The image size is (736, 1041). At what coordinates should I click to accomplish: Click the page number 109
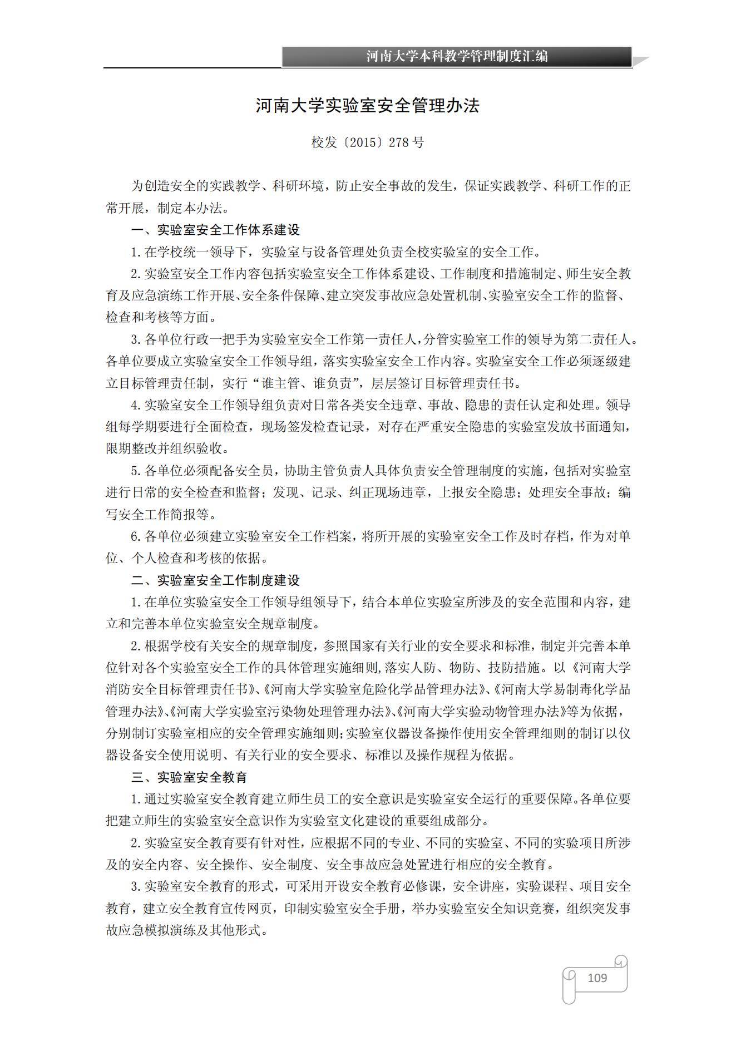click(x=597, y=978)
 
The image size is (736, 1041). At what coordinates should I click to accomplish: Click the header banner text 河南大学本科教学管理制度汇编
click(x=457, y=56)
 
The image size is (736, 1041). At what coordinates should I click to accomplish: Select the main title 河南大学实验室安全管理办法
click(x=368, y=106)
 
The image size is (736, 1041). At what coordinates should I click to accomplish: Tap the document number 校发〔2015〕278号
click(x=368, y=142)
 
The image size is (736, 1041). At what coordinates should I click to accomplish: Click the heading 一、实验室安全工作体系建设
click(x=215, y=230)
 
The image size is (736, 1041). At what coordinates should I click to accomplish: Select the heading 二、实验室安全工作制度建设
click(x=215, y=580)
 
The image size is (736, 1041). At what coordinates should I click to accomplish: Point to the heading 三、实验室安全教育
click(x=189, y=777)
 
